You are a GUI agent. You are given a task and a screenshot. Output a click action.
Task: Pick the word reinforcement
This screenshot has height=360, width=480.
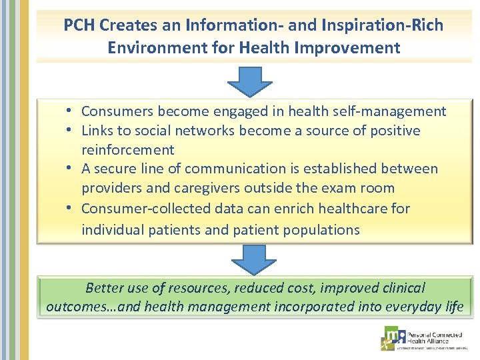pyautogui.click(x=128, y=150)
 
